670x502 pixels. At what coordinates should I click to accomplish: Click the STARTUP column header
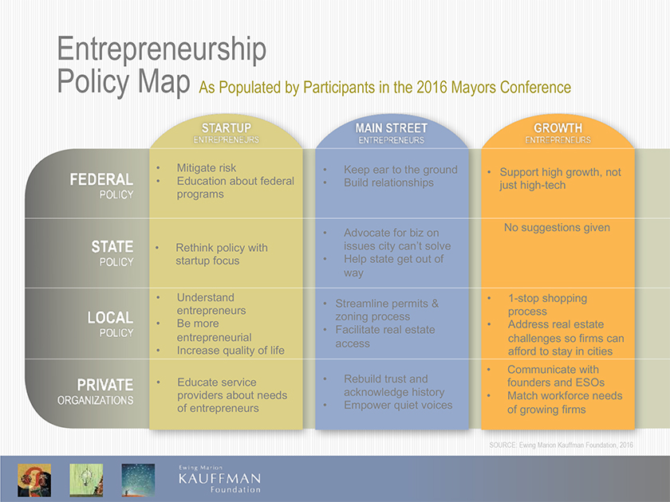tap(226, 128)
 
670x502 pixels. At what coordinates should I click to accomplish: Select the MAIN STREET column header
tap(392, 128)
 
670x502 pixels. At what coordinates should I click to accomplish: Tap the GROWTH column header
tap(558, 128)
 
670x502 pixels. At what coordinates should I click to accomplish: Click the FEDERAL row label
tap(102, 179)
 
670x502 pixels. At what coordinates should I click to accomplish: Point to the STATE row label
tap(112, 247)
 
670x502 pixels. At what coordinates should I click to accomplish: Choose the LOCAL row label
tap(110, 318)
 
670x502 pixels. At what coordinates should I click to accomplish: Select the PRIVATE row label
tap(105, 385)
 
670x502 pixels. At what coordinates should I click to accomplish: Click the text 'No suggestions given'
tap(557, 228)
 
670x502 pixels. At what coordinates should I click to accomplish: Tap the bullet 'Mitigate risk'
tap(207, 168)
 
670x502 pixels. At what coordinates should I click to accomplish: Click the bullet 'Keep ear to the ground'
tap(400, 170)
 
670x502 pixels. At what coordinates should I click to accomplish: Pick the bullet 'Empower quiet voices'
tap(398, 405)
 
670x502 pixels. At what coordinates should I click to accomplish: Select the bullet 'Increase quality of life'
tap(231, 351)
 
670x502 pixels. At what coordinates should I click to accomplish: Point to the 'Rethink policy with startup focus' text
tap(222, 254)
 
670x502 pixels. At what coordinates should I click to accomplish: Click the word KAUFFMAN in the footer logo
tap(219, 479)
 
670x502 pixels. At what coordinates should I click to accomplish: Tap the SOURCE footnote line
tap(561, 445)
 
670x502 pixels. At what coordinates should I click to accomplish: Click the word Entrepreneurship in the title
tap(161, 49)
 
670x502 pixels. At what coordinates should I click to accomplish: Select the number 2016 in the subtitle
tap(432, 88)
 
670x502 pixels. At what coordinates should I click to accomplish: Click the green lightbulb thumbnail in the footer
tap(86, 480)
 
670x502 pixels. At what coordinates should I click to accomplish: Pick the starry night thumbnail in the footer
tap(138, 480)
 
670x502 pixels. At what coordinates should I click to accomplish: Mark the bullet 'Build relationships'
tap(388, 182)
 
